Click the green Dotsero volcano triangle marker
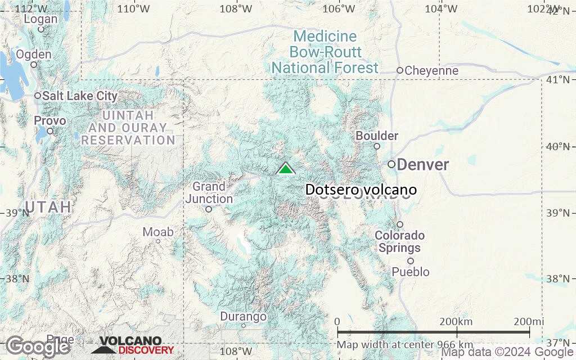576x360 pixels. pos(286,169)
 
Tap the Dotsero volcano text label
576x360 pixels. pos(361,190)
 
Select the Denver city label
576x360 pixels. pos(423,165)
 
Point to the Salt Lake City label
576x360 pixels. pos(80,96)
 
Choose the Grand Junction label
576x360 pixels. pos(209,192)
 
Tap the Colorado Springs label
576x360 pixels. pos(399,242)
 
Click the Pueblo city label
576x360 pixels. pos(411,272)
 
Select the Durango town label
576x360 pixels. pos(243,317)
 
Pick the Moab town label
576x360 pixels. pos(158,232)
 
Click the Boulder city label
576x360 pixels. pos(377,136)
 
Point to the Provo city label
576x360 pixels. pos(49,121)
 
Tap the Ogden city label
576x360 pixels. pos(34,55)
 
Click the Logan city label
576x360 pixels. pos(40,19)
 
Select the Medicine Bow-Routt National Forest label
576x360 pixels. pos(325,52)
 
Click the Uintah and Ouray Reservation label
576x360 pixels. pos(128,128)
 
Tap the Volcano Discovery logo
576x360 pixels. pos(133,345)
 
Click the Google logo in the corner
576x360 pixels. pos(38,347)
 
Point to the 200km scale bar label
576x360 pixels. pos(457,321)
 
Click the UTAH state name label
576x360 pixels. pos(48,207)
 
